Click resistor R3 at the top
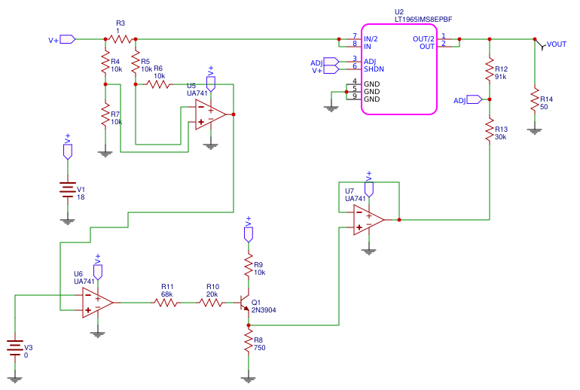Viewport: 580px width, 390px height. pos(120,38)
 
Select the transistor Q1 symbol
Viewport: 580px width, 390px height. pos(244,303)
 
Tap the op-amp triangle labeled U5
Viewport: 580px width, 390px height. pos(209,114)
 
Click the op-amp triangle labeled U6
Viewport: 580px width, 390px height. pos(96,303)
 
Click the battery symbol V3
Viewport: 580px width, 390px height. pos(15,347)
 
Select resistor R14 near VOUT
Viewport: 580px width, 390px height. pos(535,99)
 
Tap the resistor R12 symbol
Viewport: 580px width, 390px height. pos(490,69)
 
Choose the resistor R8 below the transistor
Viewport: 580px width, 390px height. pos(249,343)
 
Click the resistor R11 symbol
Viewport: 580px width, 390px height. pos(166,303)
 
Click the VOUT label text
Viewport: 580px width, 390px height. pos(557,44)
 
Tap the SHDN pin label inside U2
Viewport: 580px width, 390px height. pos(374,69)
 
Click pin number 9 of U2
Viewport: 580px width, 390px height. pos(354,96)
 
